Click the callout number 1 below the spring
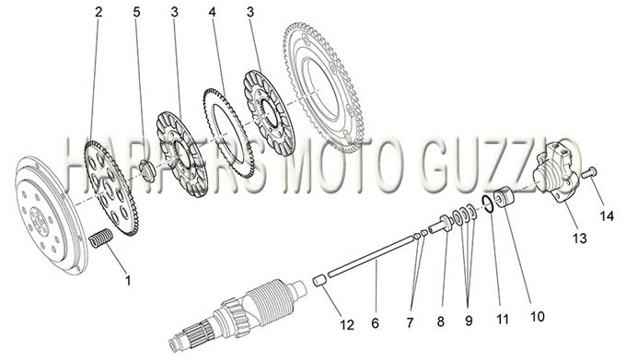click(x=128, y=281)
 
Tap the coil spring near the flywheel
click(x=100, y=238)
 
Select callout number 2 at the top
click(x=99, y=12)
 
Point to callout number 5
click(x=136, y=12)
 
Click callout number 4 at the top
click(x=212, y=12)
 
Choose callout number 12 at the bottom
click(x=347, y=325)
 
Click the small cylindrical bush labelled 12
click(x=319, y=280)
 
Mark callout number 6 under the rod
click(x=375, y=322)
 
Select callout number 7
click(x=410, y=322)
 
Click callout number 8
click(x=440, y=321)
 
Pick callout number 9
click(x=469, y=321)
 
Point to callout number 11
click(x=503, y=319)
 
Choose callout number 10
click(x=537, y=317)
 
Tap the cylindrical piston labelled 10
click(x=503, y=197)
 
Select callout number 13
click(x=580, y=238)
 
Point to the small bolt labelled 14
click(x=589, y=172)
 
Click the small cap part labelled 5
click(x=149, y=170)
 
